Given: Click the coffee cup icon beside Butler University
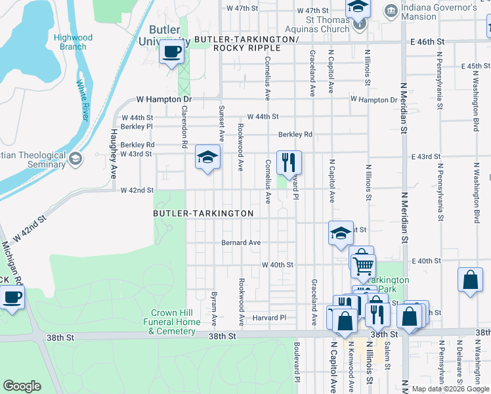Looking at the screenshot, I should point(172,52).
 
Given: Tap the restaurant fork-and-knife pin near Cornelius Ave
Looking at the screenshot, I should point(289,162).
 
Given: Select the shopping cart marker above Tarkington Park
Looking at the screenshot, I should point(362,265).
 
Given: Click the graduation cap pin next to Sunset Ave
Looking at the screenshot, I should point(207,158).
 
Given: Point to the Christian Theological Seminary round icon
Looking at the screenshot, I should point(75,159).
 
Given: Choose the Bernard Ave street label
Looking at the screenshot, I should point(241,242).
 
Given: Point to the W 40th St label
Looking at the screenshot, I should point(277,265).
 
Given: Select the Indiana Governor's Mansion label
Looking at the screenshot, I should point(439,12).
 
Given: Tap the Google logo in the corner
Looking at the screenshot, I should point(22,386).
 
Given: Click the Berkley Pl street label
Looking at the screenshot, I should point(137,126).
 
